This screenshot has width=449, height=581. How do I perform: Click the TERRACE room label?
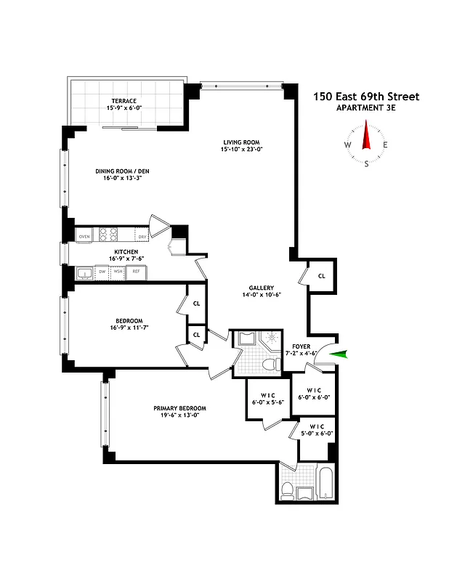(124, 101)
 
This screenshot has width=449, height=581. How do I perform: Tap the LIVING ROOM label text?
(240, 142)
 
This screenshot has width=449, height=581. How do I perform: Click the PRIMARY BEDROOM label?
(179, 408)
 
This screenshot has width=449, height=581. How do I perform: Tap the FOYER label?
(302, 346)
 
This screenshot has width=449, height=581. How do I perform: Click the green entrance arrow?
(339, 354)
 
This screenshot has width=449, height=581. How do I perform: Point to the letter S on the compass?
(367, 164)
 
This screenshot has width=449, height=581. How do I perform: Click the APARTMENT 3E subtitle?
(366, 109)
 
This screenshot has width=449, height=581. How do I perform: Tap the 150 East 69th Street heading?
(366, 96)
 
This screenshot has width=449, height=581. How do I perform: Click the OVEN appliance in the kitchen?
(84, 237)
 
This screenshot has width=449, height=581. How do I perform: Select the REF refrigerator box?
(135, 273)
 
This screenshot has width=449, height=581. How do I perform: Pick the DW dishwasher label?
(102, 273)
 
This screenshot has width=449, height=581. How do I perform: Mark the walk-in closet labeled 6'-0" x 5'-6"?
(267, 398)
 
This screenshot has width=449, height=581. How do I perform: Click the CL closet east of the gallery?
(321, 275)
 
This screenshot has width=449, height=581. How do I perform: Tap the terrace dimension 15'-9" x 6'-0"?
(124, 109)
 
